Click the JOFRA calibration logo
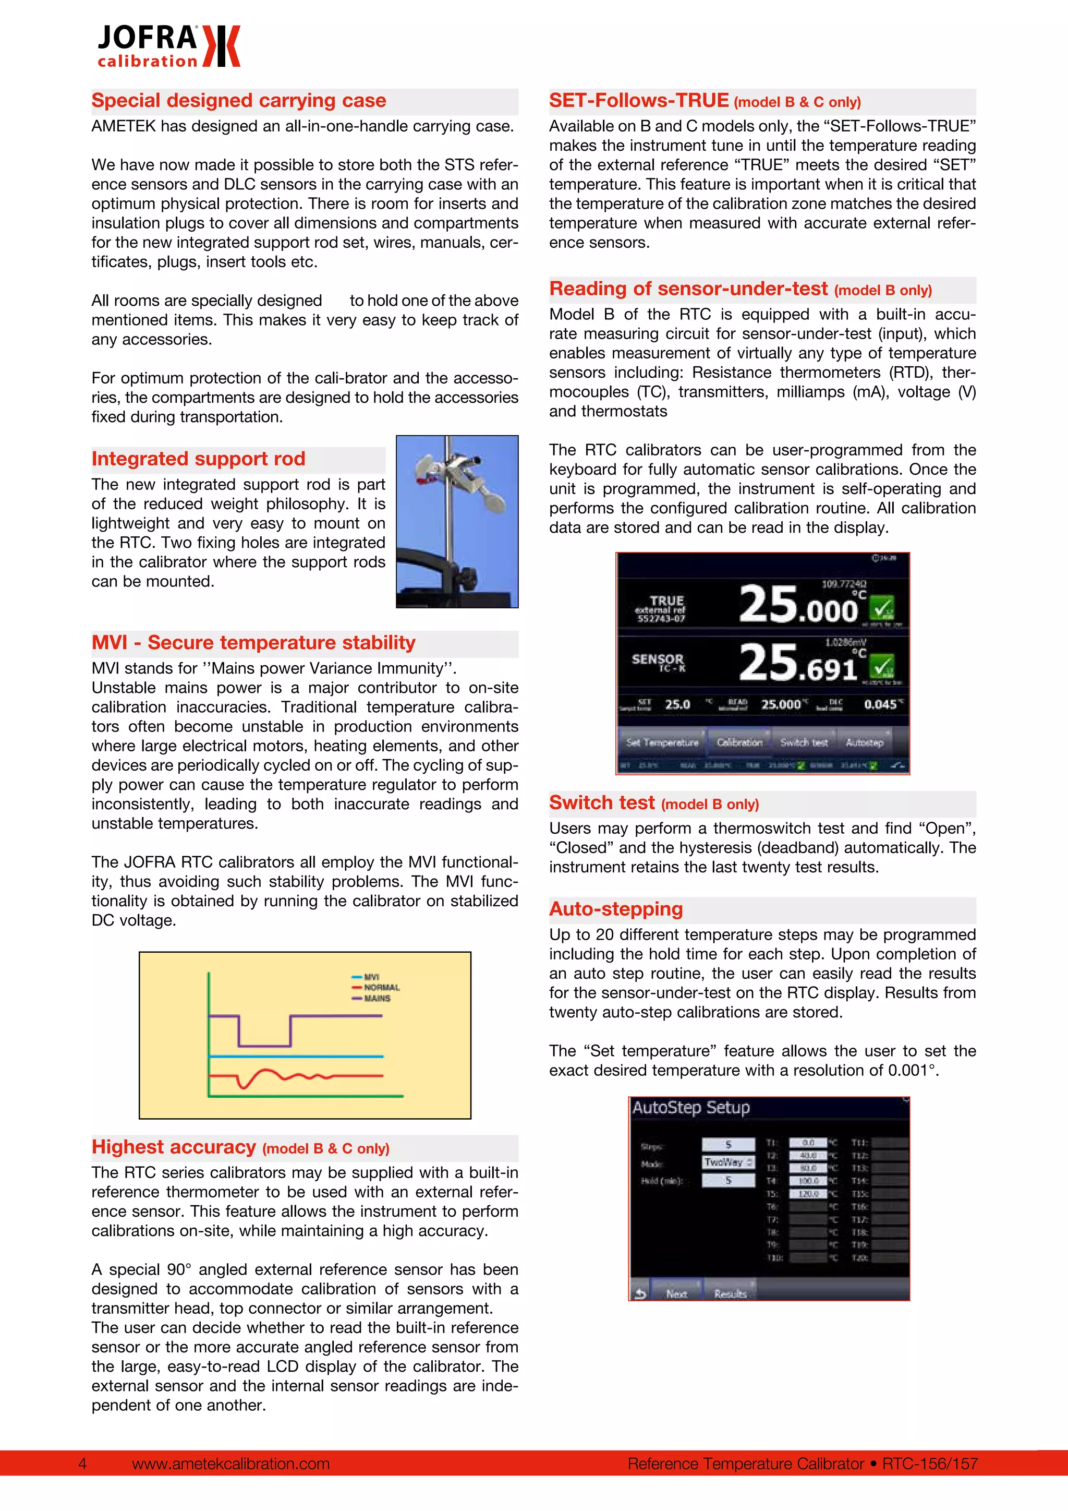pyautogui.click(x=168, y=46)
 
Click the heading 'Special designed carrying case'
pyautogui.click(x=239, y=101)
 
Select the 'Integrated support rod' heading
pyautogui.click(x=199, y=459)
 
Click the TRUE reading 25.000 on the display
pyautogui.click(x=798, y=605)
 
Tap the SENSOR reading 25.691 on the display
pyautogui.click(x=798, y=663)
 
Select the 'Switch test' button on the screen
pyautogui.click(x=804, y=742)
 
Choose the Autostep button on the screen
pyautogui.click(x=864, y=742)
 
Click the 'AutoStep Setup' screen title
pyautogui.click(x=690, y=1108)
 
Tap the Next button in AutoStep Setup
pyautogui.click(x=676, y=1294)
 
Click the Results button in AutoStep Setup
pyautogui.click(x=730, y=1294)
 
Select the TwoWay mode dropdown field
pyautogui.click(x=728, y=1162)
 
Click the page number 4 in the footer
pyautogui.click(x=82, y=1464)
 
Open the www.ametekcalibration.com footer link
pyautogui.click(x=231, y=1464)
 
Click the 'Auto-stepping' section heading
pyautogui.click(x=616, y=909)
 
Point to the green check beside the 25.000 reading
pyautogui.click(x=882, y=607)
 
